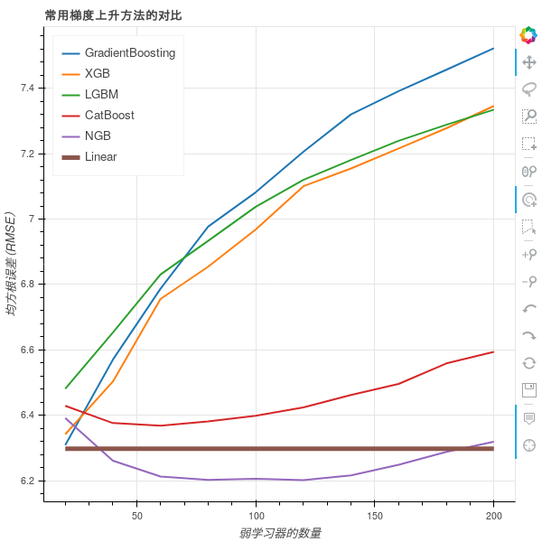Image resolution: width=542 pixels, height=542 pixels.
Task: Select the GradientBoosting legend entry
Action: pyautogui.click(x=129, y=53)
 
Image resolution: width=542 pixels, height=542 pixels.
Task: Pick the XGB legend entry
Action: pyautogui.click(x=97, y=74)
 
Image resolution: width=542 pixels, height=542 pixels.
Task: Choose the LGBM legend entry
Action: pyautogui.click(x=101, y=95)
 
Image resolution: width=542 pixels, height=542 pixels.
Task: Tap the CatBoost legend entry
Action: pyautogui.click(x=109, y=116)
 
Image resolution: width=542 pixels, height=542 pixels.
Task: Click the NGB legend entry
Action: pyautogui.click(x=98, y=136)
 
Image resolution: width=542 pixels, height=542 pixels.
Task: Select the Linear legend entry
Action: pyautogui.click(x=100, y=157)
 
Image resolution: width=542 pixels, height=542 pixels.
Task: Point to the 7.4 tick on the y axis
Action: pyautogui.click(x=27, y=89)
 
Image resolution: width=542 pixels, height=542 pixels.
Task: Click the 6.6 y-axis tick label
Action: pyautogui.click(x=27, y=350)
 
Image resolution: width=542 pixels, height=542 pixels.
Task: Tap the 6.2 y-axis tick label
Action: pyautogui.click(x=27, y=481)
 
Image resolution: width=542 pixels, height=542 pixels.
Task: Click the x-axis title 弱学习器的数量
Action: pyautogui.click(x=281, y=533)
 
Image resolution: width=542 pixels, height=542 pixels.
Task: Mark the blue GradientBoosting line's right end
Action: pyautogui.click(x=494, y=48)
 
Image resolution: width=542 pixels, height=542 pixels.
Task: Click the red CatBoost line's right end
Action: pyautogui.click(x=494, y=351)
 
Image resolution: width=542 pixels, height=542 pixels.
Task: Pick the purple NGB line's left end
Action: pyautogui.click(x=65, y=417)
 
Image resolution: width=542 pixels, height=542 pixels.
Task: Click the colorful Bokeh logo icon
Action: pyautogui.click(x=528, y=35)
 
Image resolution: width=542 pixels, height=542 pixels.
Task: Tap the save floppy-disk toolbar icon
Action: pyautogui.click(x=529, y=390)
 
